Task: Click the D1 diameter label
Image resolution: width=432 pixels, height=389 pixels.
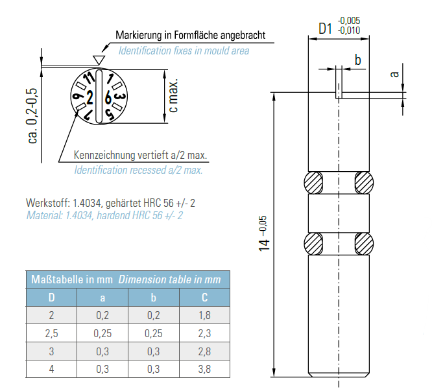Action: coord(325,29)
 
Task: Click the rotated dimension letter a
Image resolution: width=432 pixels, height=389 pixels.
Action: coord(394,74)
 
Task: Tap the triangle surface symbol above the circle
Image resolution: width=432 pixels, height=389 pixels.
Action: coord(99,60)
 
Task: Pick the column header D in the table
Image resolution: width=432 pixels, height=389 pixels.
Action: coord(51,298)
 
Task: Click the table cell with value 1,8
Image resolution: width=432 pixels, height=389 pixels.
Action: coord(204,316)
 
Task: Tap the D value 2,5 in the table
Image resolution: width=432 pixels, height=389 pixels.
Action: coord(51,333)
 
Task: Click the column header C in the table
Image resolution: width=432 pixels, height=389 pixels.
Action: coord(204,298)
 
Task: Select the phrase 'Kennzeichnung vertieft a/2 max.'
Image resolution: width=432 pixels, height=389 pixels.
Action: coord(145,156)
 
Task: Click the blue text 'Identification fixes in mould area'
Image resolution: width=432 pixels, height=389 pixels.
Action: coord(184,50)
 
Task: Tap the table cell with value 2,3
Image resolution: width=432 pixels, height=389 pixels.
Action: coord(204,333)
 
